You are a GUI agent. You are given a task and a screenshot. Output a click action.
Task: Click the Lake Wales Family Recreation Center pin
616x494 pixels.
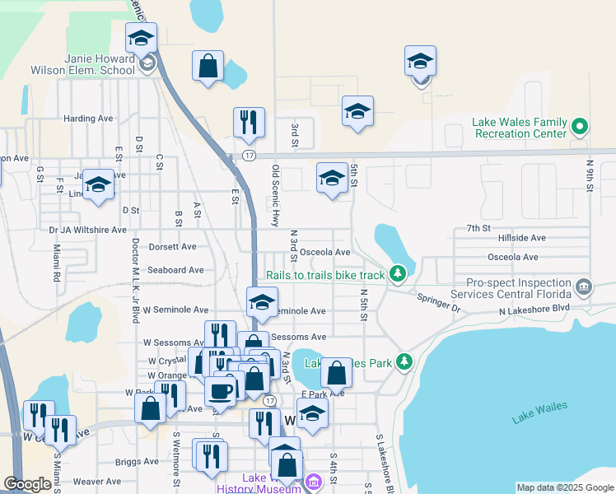point(580,127)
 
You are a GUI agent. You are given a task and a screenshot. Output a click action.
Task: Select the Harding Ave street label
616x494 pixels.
point(88,119)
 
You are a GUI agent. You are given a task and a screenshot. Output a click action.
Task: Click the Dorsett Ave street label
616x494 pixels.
point(172,246)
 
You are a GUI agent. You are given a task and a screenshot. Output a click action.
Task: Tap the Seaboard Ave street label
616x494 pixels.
point(175,270)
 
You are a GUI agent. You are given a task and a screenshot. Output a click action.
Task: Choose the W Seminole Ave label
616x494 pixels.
point(175,310)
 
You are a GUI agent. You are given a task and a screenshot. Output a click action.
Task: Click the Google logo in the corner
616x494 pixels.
point(27,485)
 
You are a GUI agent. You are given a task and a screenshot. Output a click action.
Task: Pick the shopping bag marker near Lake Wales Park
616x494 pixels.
point(337,372)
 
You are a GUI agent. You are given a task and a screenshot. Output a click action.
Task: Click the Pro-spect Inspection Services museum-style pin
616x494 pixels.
point(583,287)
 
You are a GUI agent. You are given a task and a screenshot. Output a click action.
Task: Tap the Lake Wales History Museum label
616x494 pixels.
point(259,483)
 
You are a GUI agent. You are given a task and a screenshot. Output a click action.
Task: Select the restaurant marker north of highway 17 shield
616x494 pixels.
point(248,123)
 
